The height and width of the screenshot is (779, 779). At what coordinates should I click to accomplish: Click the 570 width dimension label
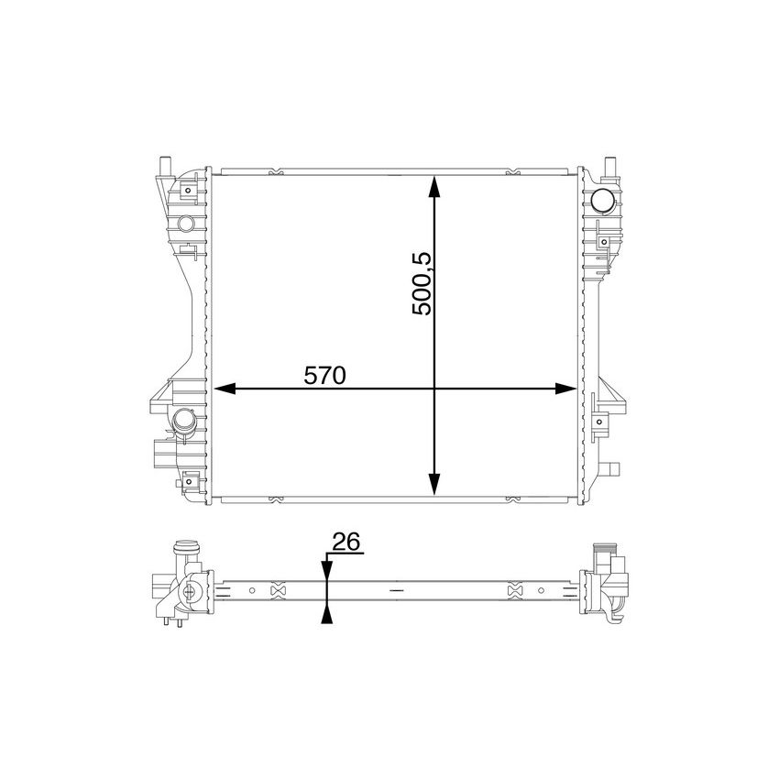(324, 376)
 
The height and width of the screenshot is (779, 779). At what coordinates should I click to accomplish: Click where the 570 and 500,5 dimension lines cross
(435, 389)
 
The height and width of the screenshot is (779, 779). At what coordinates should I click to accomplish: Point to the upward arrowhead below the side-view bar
(325, 615)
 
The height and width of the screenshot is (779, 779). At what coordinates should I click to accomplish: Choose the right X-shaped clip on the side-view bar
(514, 591)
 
